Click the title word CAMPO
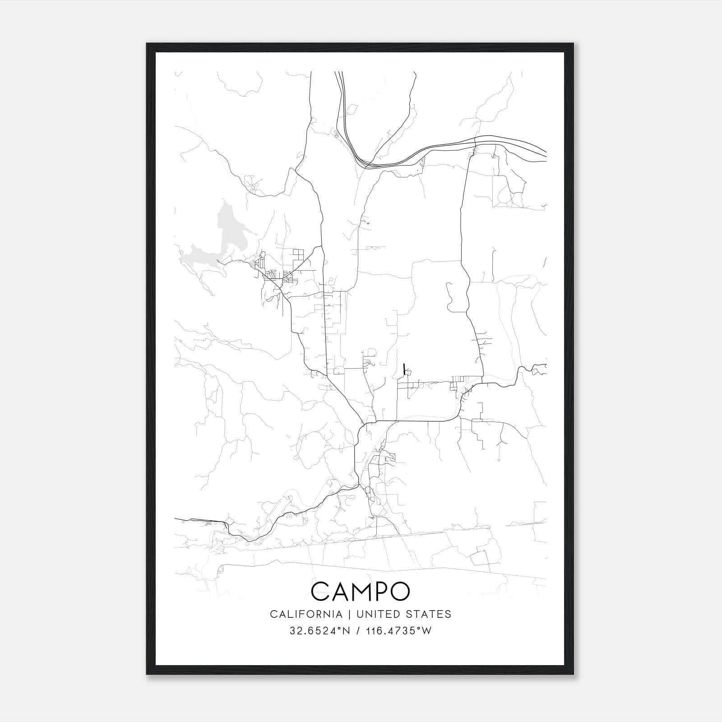361,591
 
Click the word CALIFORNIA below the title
305,614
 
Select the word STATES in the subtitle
427,614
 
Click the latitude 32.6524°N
320,631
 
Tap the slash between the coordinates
357,631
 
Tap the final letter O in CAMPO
400,591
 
